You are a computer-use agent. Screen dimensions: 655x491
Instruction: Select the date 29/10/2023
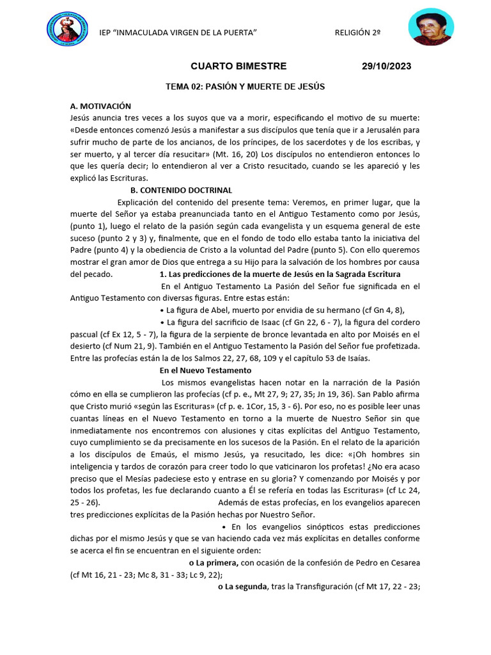click(386, 67)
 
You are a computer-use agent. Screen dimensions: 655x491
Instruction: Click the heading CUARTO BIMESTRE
click(239, 67)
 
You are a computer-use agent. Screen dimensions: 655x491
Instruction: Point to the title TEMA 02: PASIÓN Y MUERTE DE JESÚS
click(245, 86)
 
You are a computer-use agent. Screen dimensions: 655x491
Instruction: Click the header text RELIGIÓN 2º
click(357, 33)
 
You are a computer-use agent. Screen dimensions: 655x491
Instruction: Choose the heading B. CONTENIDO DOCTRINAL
click(181, 191)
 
